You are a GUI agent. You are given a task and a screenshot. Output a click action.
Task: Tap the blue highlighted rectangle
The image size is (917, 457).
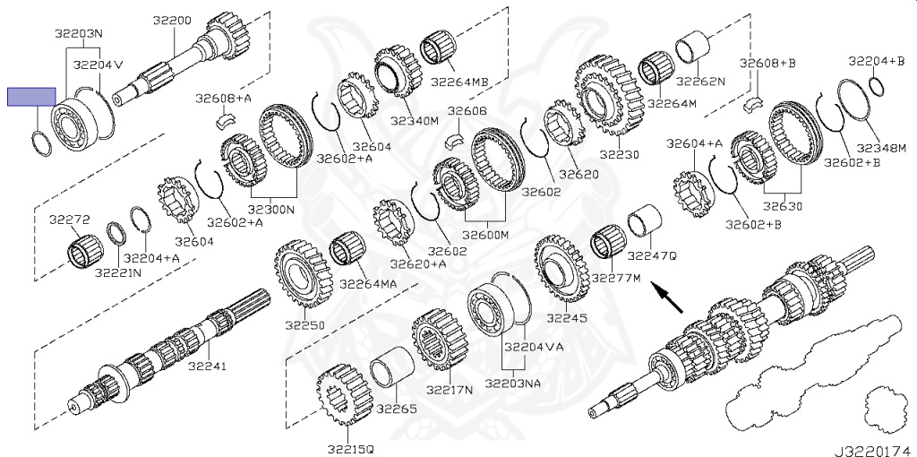click(31, 97)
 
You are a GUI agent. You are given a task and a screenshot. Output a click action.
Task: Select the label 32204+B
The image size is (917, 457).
click(877, 61)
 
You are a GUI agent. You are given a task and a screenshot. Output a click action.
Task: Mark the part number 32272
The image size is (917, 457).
click(69, 218)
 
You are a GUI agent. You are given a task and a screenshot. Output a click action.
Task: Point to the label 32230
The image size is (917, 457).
click(619, 155)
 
